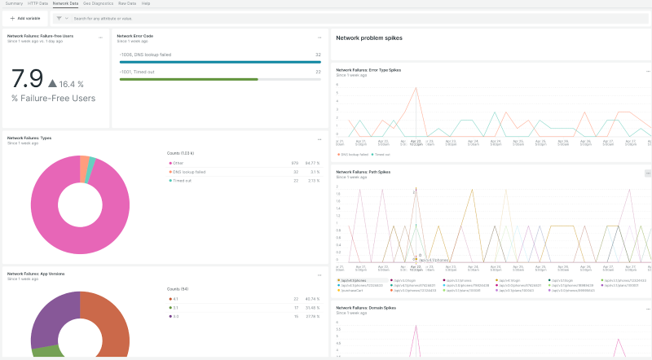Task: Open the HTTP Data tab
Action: click(x=38, y=4)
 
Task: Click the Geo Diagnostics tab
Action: click(x=99, y=4)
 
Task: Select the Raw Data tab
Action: click(x=127, y=4)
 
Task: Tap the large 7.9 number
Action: click(x=27, y=79)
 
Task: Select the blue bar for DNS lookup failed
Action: click(x=219, y=62)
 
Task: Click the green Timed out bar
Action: click(x=188, y=79)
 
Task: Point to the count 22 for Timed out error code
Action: click(x=318, y=72)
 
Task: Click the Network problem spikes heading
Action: click(x=369, y=38)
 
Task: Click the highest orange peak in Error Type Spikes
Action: click(x=416, y=89)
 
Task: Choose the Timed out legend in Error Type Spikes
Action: click(x=381, y=154)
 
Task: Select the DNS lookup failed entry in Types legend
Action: click(x=188, y=172)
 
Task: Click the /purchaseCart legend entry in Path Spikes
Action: click(x=353, y=290)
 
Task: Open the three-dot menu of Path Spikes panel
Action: click(x=648, y=173)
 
